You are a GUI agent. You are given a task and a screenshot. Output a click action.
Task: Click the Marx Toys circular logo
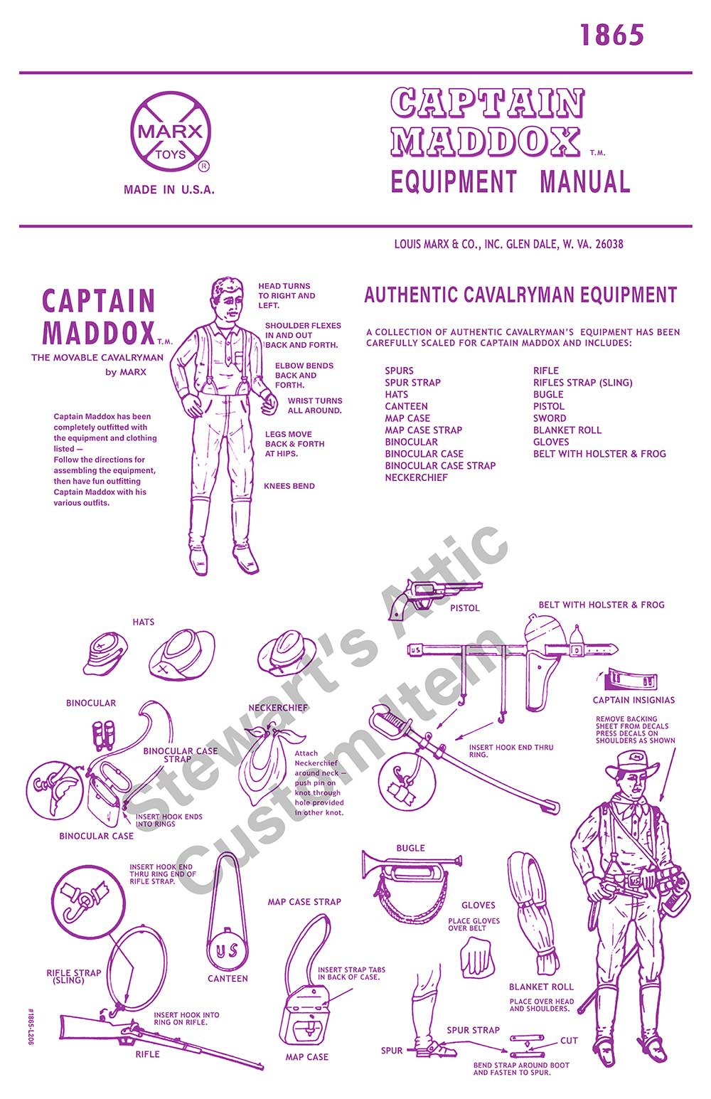coord(170,132)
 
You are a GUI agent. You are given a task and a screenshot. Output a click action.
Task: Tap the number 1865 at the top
coord(611,35)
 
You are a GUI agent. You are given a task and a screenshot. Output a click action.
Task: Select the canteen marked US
coord(228,950)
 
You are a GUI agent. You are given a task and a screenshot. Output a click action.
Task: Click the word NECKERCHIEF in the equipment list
coord(416,477)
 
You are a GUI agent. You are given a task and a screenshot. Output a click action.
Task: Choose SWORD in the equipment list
coord(550,418)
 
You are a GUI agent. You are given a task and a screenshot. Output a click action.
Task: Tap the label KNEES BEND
coord(289,486)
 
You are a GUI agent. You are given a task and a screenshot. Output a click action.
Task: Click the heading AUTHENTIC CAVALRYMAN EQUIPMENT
coord(520,295)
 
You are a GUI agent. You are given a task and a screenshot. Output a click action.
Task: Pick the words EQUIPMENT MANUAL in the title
coord(510,181)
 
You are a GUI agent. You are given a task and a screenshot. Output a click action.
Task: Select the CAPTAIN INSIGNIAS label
coord(634,700)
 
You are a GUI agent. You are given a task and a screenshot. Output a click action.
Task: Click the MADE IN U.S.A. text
coord(169,190)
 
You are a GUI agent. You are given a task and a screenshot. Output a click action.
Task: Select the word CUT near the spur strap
coord(569,1041)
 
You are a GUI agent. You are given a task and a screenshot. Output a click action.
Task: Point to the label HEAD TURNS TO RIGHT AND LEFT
coord(287,295)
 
